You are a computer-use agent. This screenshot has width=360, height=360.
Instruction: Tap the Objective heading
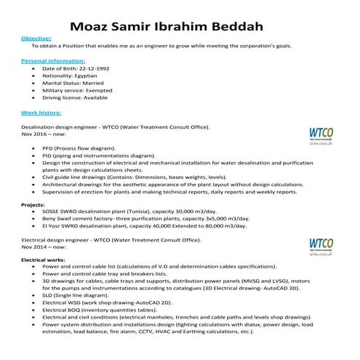(x=36, y=37)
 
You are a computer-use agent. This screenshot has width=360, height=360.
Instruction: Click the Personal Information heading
(x=49, y=62)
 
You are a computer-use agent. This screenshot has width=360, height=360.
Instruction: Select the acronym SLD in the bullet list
(x=49, y=297)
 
